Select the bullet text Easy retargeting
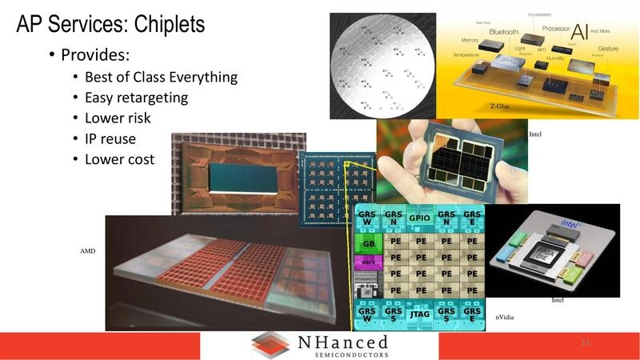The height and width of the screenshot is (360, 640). pos(136,98)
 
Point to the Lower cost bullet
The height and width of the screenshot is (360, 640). pos(119,159)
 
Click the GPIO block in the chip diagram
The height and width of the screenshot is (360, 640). pos(420,218)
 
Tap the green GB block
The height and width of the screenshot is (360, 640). pos(369,244)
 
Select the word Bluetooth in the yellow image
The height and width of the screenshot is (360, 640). pos(498,32)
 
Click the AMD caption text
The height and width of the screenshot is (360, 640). pos(88,250)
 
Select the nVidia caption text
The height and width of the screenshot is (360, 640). pos(506,318)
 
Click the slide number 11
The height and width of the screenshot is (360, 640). pos(586,343)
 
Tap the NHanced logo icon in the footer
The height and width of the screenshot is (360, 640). pos(270,345)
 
